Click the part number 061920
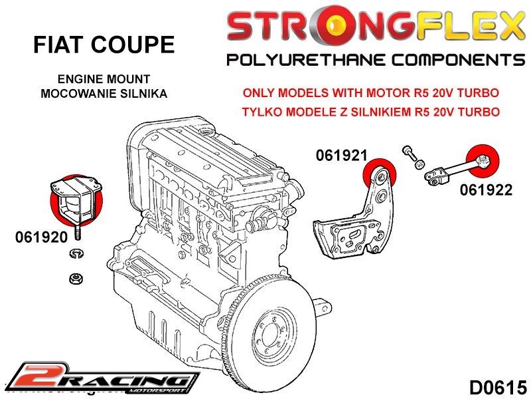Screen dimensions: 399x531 [x=40, y=237]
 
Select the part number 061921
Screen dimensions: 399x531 [x=341, y=155]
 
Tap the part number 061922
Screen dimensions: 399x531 [x=486, y=190]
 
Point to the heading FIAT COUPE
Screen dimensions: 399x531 [x=104, y=45]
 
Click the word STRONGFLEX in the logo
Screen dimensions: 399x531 [x=376, y=27]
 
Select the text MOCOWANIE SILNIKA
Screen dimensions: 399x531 [x=104, y=93]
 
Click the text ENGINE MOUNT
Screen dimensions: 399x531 [x=104, y=79]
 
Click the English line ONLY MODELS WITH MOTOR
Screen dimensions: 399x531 [x=371, y=93]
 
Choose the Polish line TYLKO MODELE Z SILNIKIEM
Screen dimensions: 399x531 [x=371, y=111]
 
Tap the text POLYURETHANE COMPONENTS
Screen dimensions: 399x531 [x=376, y=61]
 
